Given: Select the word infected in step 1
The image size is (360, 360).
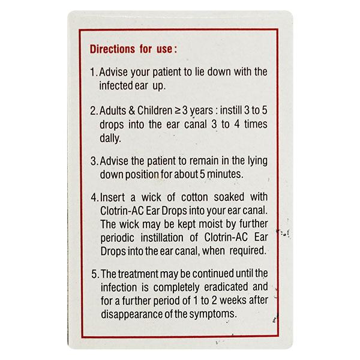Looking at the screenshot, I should [x=117, y=85].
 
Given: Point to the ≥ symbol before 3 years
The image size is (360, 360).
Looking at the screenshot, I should [x=179, y=110].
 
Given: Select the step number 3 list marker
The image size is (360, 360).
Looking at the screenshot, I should [x=93, y=161].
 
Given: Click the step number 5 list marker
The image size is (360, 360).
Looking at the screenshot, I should [x=93, y=275].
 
